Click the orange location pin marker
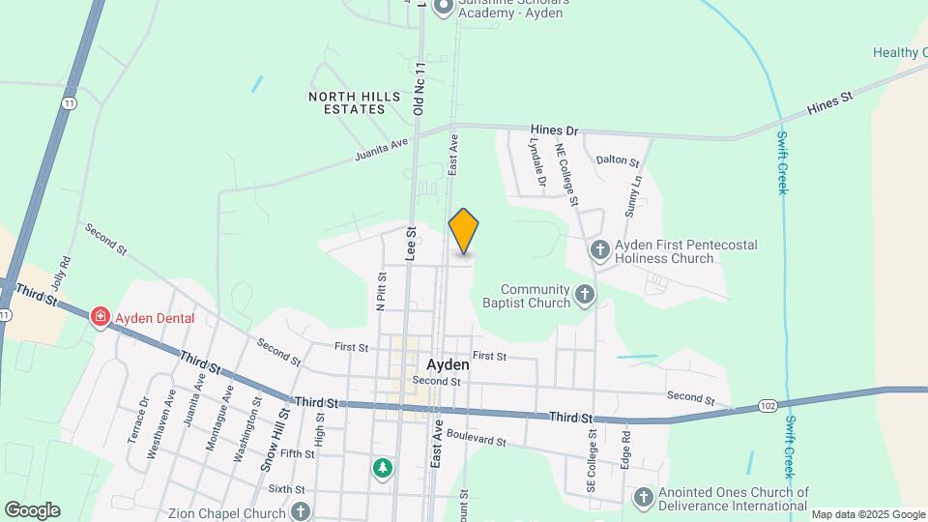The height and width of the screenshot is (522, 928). (x=464, y=231)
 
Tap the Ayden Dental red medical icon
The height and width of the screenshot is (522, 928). (x=100, y=317)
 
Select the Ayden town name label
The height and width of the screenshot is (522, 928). (x=448, y=365)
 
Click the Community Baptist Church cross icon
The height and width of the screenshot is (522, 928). (x=584, y=294)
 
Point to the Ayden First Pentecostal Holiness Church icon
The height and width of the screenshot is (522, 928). (x=599, y=251)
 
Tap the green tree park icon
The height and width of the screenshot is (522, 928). (x=384, y=469)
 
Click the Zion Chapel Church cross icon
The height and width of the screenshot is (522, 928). (x=301, y=511)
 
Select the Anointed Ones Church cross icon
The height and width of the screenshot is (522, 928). (x=644, y=497)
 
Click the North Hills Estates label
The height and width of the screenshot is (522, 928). (x=347, y=102)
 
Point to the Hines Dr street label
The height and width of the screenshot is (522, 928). (x=554, y=130)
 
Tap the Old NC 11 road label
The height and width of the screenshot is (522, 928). (x=420, y=89)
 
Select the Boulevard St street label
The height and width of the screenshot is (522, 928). (x=477, y=440)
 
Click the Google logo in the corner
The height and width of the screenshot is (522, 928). (x=31, y=510)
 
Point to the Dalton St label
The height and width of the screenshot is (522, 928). (x=618, y=160)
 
